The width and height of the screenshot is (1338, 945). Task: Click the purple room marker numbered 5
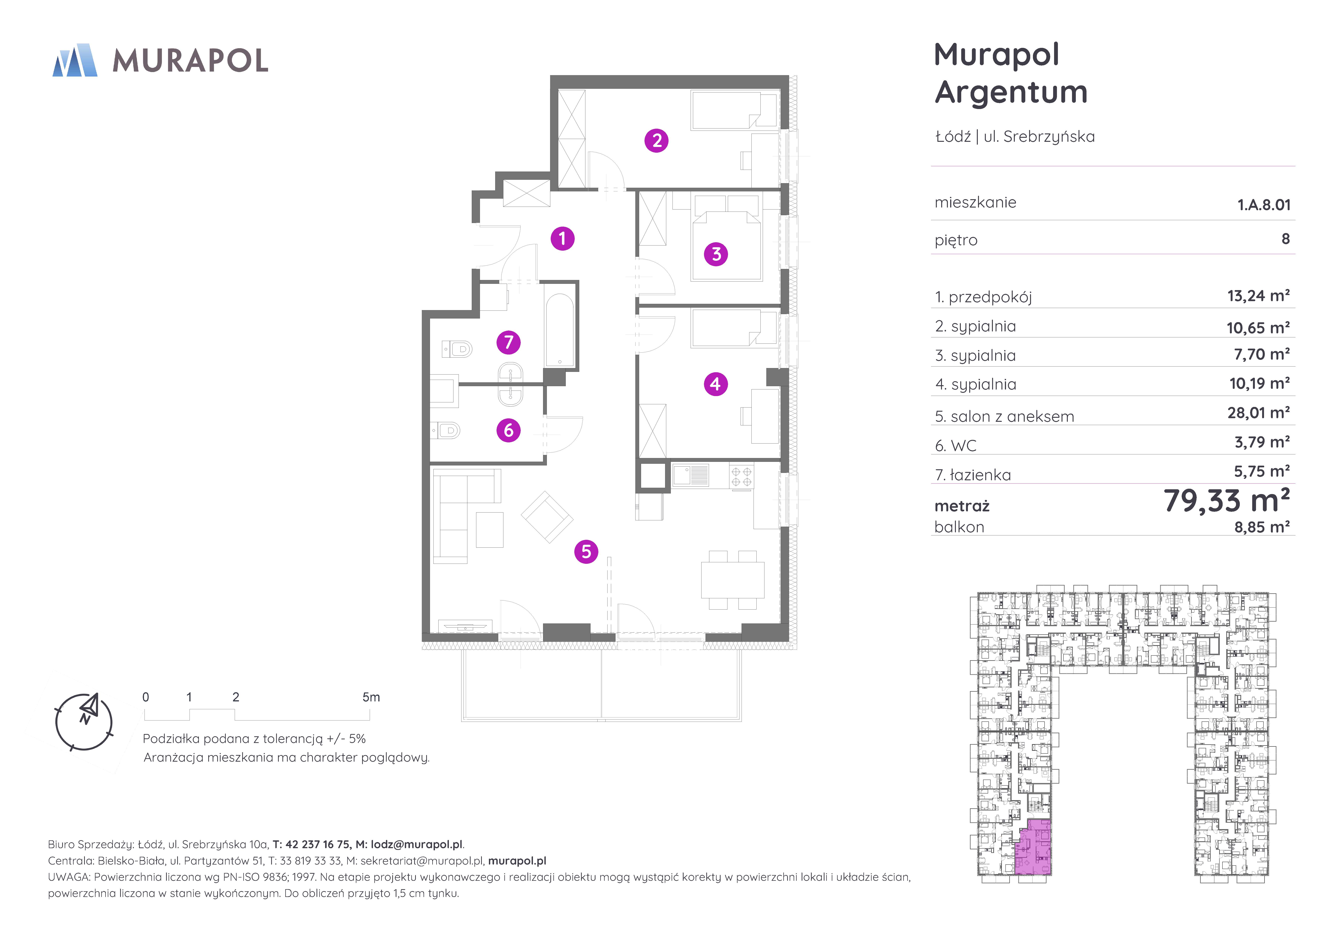(x=586, y=552)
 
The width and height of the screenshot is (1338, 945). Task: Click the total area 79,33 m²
(x=1227, y=501)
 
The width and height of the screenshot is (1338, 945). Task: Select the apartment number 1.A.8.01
(x=1264, y=205)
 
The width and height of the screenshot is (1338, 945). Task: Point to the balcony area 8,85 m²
(x=1262, y=527)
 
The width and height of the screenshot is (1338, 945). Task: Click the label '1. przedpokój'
(x=983, y=297)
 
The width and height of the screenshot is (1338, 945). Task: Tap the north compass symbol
(x=84, y=721)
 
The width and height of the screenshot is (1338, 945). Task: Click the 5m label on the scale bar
(x=371, y=697)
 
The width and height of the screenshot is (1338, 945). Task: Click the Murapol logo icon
(x=75, y=60)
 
